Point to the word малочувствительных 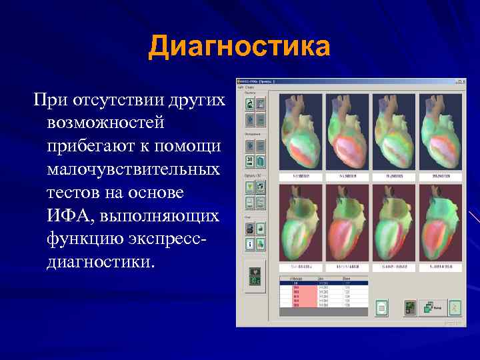(133, 169)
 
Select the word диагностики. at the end (100, 261)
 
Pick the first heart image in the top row (300, 131)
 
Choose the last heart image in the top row (439, 131)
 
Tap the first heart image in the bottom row (300, 223)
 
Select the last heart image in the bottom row (439, 223)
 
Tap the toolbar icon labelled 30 (249, 161)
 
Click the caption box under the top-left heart (300, 176)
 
